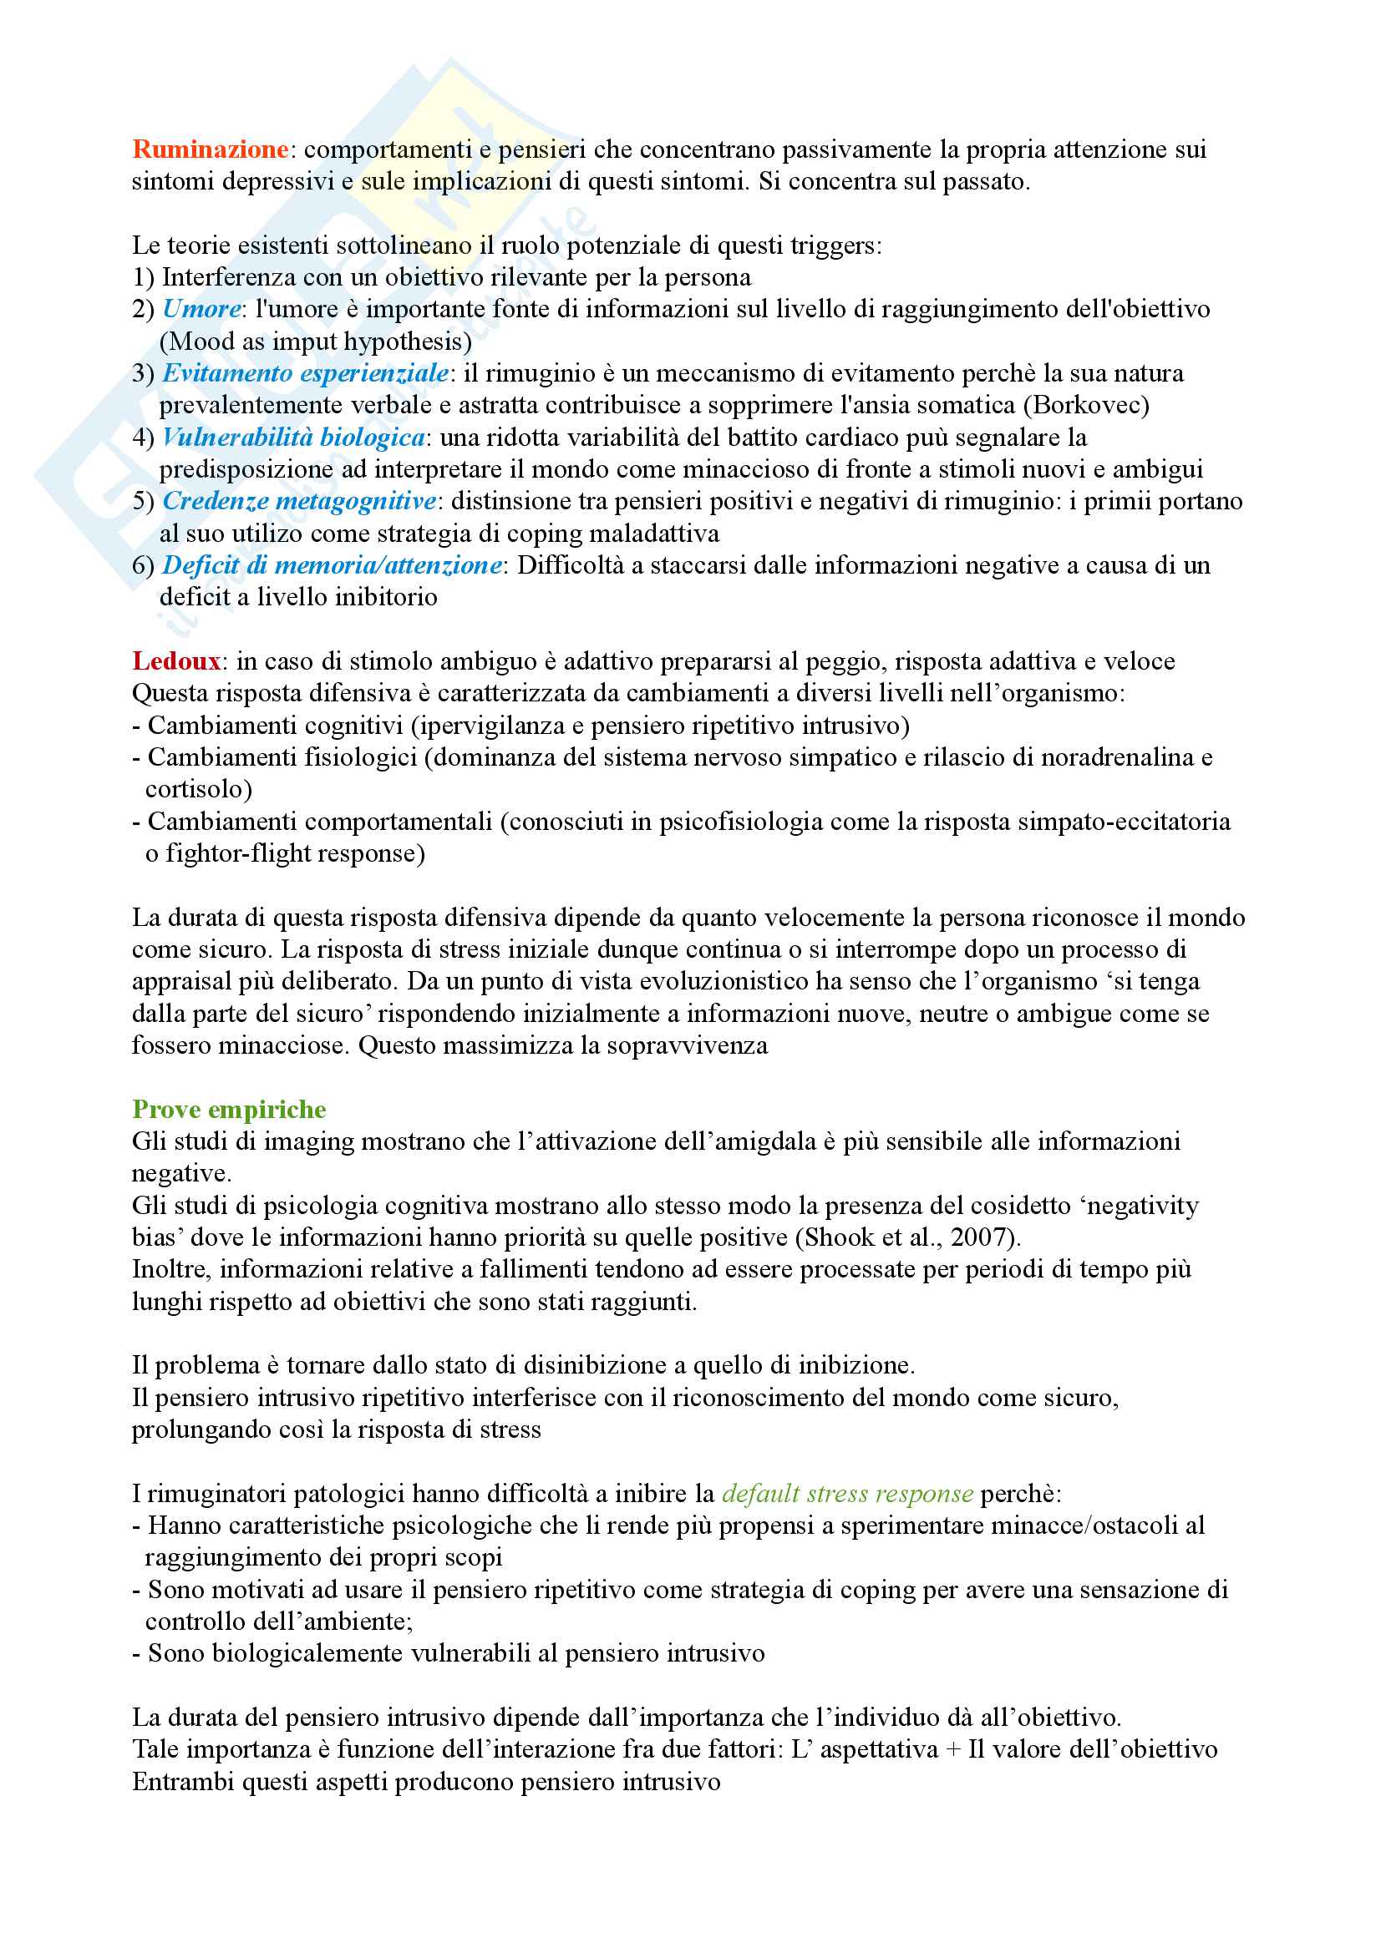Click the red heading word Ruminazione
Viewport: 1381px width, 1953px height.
coord(211,149)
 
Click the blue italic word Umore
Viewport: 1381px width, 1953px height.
coord(201,309)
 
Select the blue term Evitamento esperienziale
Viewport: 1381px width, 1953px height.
coord(306,372)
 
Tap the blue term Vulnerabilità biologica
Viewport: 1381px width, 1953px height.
coord(293,438)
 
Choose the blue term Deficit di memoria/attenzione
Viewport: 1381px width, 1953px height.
coord(332,564)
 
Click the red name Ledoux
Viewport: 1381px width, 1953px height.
coord(176,661)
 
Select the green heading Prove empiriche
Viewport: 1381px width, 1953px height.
coord(229,1109)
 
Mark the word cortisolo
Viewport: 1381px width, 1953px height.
coord(198,789)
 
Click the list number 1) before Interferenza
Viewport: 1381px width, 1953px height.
coord(143,277)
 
